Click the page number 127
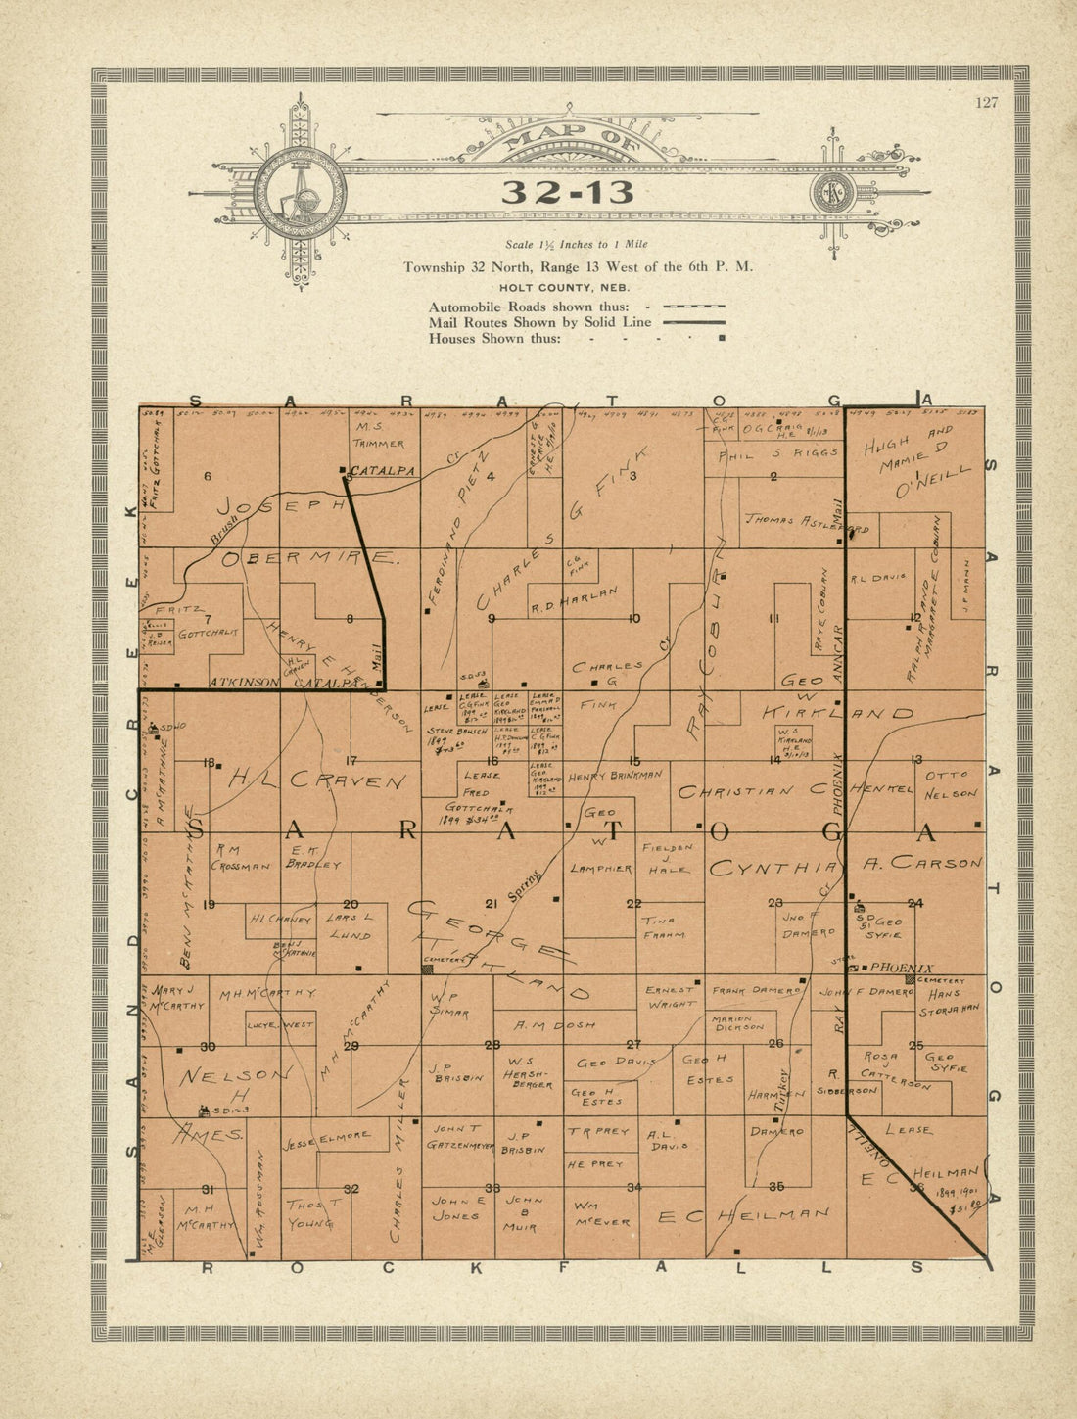(986, 103)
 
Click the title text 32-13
(567, 193)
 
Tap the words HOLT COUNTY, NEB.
(563, 288)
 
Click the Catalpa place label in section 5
(383, 471)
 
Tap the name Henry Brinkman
(614, 774)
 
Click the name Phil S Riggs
(777, 453)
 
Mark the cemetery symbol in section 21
(428, 969)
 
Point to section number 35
(776, 1187)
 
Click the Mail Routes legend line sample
(693, 322)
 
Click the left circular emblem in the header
(300, 192)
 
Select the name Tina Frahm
(663, 928)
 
